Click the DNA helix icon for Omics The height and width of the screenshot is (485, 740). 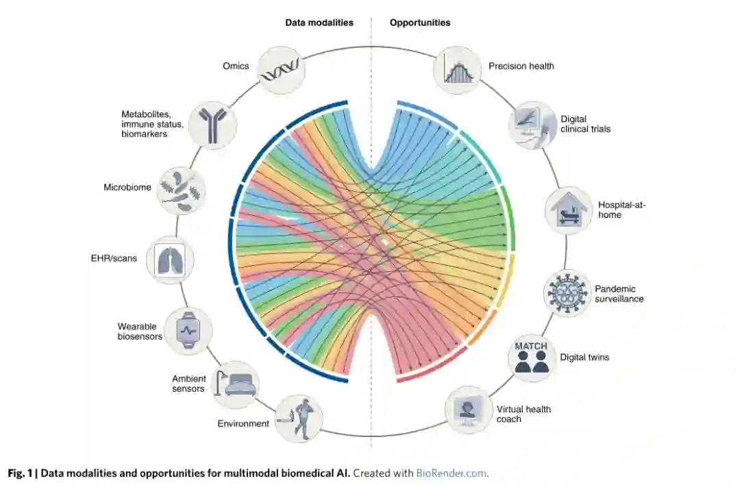tap(280, 71)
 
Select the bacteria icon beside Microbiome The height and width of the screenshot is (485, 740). tap(181, 190)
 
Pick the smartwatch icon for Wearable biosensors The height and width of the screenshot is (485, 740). tap(188, 330)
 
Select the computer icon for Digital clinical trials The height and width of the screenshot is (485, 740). tap(532, 125)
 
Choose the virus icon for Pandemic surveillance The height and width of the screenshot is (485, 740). tap(567, 293)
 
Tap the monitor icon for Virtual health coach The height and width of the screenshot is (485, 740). tap(469, 410)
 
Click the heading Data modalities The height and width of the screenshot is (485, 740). tap(319, 23)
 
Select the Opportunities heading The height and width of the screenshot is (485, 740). tap(420, 23)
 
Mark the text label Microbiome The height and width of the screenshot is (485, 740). tap(127, 187)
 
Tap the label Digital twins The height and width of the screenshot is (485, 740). tap(584, 357)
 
